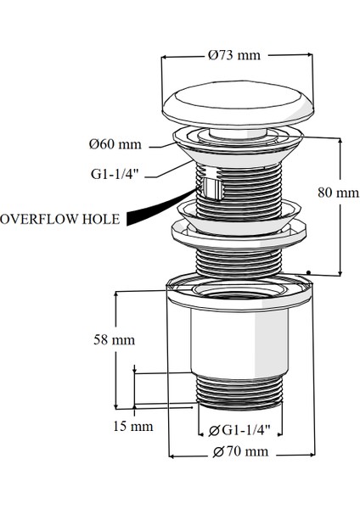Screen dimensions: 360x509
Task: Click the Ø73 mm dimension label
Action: [234, 55]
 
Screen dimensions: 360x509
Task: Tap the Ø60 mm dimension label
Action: [115, 144]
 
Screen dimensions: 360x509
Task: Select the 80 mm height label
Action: [338, 193]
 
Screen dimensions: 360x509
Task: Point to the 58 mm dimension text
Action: [114, 340]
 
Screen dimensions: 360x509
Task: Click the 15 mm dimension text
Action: [133, 426]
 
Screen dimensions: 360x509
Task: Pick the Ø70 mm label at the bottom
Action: [241, 451]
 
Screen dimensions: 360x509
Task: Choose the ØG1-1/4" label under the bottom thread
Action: [239, 430]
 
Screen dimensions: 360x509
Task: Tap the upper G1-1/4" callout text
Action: [115, 174]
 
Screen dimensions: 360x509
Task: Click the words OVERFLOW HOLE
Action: [60, 219]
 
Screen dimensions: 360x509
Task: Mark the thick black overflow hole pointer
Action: [160, 209]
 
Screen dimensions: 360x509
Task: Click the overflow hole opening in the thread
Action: [211, 188]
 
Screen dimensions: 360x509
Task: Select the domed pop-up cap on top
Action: [238, 103]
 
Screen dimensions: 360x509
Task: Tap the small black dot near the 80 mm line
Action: [308, 272]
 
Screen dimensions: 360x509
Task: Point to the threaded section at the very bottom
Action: [239, 392]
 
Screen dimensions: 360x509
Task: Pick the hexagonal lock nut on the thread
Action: [239, 234]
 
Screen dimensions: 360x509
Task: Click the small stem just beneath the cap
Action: [239, 132]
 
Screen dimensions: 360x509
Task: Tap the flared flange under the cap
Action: [238, 147]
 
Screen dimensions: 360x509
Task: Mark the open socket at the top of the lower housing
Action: [240, 288]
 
